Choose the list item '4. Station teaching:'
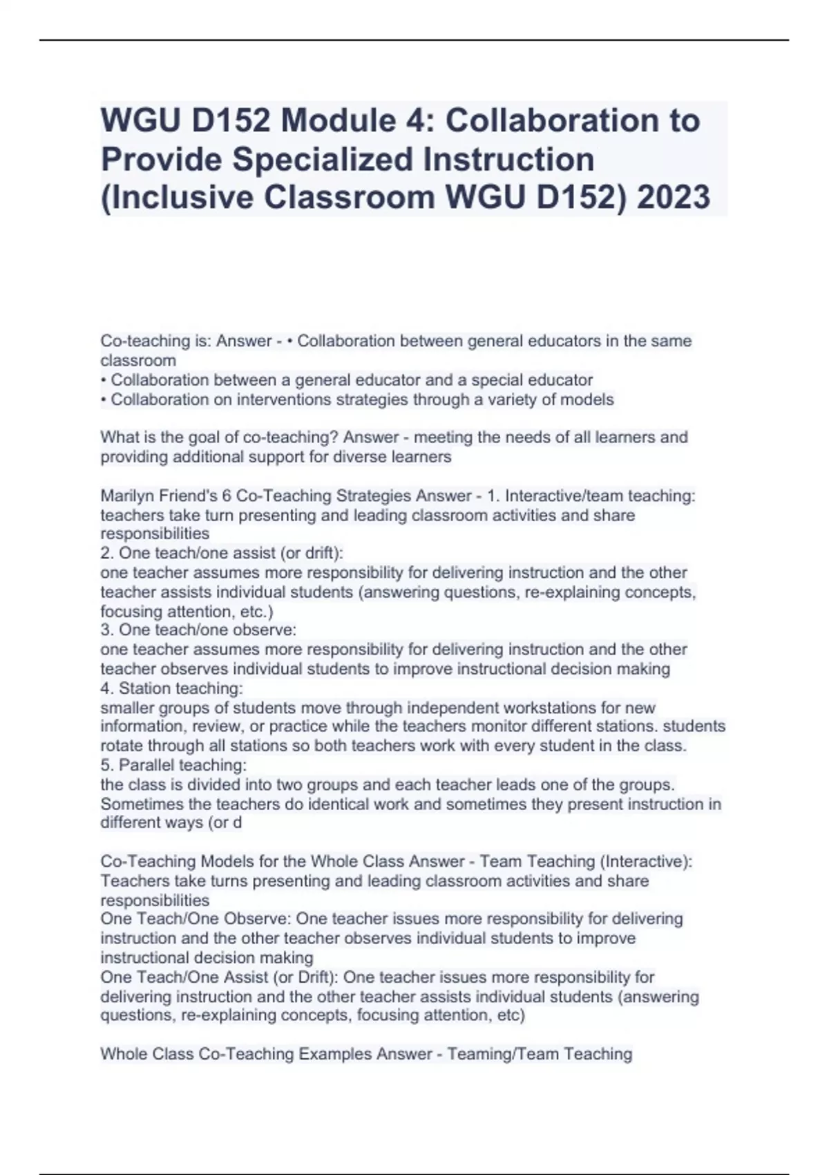(x=171, y=688)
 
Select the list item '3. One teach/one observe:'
(x=198, y=630)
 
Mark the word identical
(x=336, y=804)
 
